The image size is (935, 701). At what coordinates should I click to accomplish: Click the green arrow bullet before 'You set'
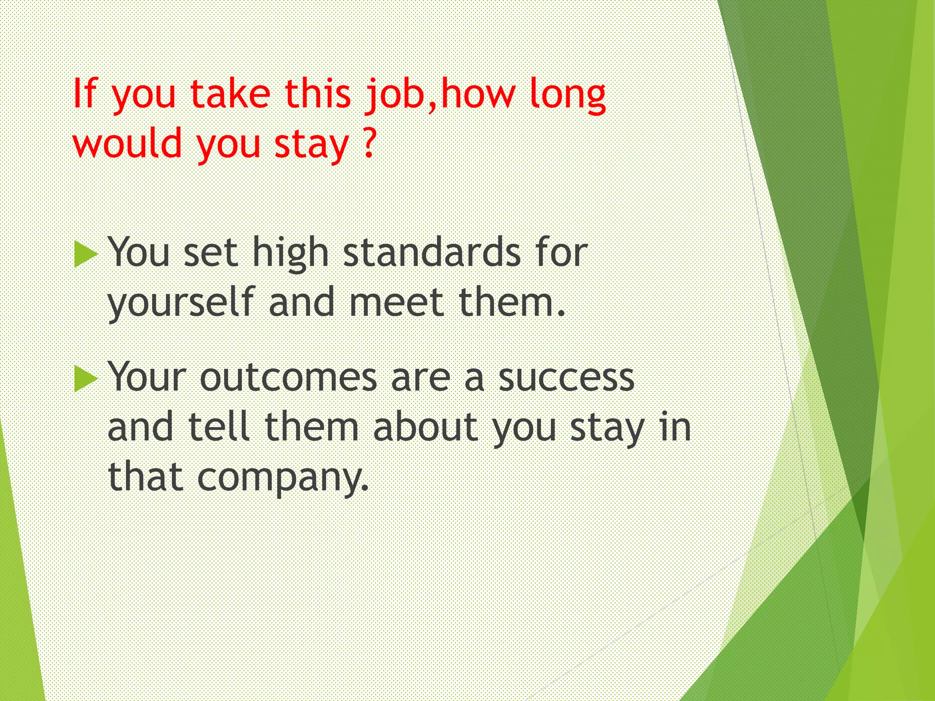pos(85,255)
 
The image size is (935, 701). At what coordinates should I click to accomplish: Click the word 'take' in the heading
pos(231,94)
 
